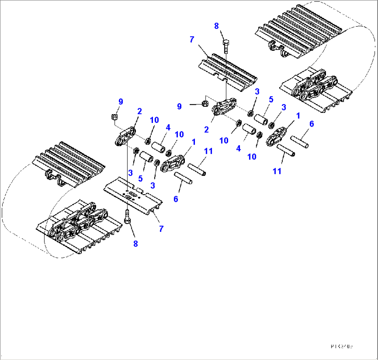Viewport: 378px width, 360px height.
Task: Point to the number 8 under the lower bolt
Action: (135, 244)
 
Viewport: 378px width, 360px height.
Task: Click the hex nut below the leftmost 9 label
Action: (114, 117)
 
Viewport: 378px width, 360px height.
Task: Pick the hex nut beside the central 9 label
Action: (205, 103)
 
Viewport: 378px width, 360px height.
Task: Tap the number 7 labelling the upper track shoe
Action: (192, 40)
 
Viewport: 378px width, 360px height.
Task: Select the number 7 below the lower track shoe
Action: (161, 229)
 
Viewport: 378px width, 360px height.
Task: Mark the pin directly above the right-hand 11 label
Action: (286, 151)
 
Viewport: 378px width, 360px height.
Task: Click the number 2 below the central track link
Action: (207, 129)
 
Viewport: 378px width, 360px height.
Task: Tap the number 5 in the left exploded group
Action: (140, 178)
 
